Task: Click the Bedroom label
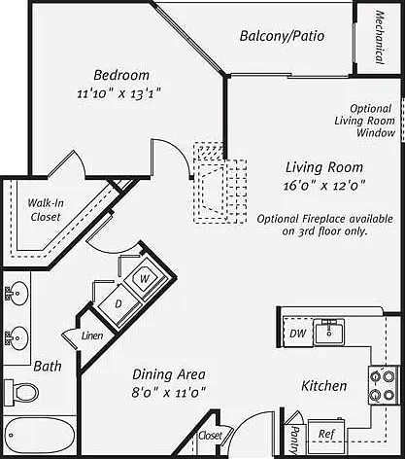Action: (121, 75)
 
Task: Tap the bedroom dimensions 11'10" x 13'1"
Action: (119, 93)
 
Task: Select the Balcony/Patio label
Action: (282, 36)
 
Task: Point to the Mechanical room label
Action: (380, 37)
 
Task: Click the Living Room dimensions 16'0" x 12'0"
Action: (324, 186)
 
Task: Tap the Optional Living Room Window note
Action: (365, 121)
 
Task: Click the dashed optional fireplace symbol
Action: (220, 183)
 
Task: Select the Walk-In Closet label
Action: (46, 210)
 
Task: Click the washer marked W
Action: (145, 278)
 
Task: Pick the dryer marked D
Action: (119, 303)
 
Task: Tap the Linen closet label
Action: (92, 335)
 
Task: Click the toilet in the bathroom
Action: (20, 392)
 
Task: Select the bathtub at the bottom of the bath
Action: (39, 436)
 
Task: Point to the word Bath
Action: (48, 367)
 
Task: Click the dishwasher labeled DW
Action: (298, 333)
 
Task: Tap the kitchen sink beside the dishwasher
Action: (329, 332)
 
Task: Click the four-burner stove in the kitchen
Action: (384, 385)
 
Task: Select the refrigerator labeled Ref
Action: (326, 434)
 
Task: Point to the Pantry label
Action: (294, 440)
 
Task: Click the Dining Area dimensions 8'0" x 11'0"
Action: (169, 393)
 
